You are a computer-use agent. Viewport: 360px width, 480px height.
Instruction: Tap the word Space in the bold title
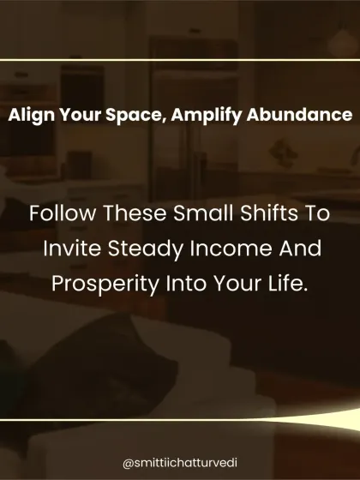point(136,116)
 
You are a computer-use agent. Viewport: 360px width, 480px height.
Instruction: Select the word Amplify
point(206,116)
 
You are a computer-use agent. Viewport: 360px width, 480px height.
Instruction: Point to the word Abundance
point(299,115)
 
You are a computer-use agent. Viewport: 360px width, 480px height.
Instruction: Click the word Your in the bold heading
point(81,115)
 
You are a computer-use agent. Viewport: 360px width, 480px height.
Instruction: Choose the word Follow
point(62,213)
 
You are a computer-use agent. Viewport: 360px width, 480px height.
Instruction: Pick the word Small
point(203,213)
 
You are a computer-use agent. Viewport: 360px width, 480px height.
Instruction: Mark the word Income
point(231,248)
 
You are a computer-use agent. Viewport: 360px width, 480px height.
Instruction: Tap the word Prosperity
point(105,285)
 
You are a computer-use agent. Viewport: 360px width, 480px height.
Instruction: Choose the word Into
point(186,283)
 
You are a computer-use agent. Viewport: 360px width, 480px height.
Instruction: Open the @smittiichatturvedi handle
point(180,463)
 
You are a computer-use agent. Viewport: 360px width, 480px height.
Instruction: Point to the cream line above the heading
point(180,60)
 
